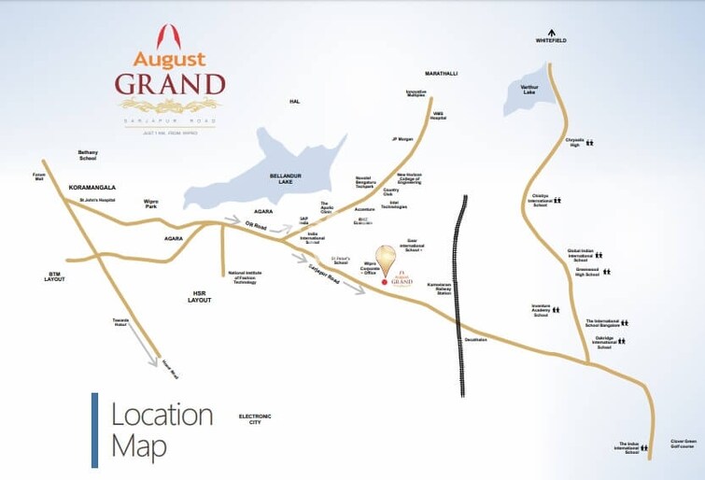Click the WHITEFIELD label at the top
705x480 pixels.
[x=551, y=40]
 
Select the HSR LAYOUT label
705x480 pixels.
[x=199, y=296]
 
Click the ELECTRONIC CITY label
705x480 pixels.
[x=254, y=418]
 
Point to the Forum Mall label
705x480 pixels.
[x=39, y=176]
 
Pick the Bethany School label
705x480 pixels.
[x=88, y=156]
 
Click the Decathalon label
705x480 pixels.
[x=476, y=339]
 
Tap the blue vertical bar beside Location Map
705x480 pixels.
[x=94, y=429]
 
